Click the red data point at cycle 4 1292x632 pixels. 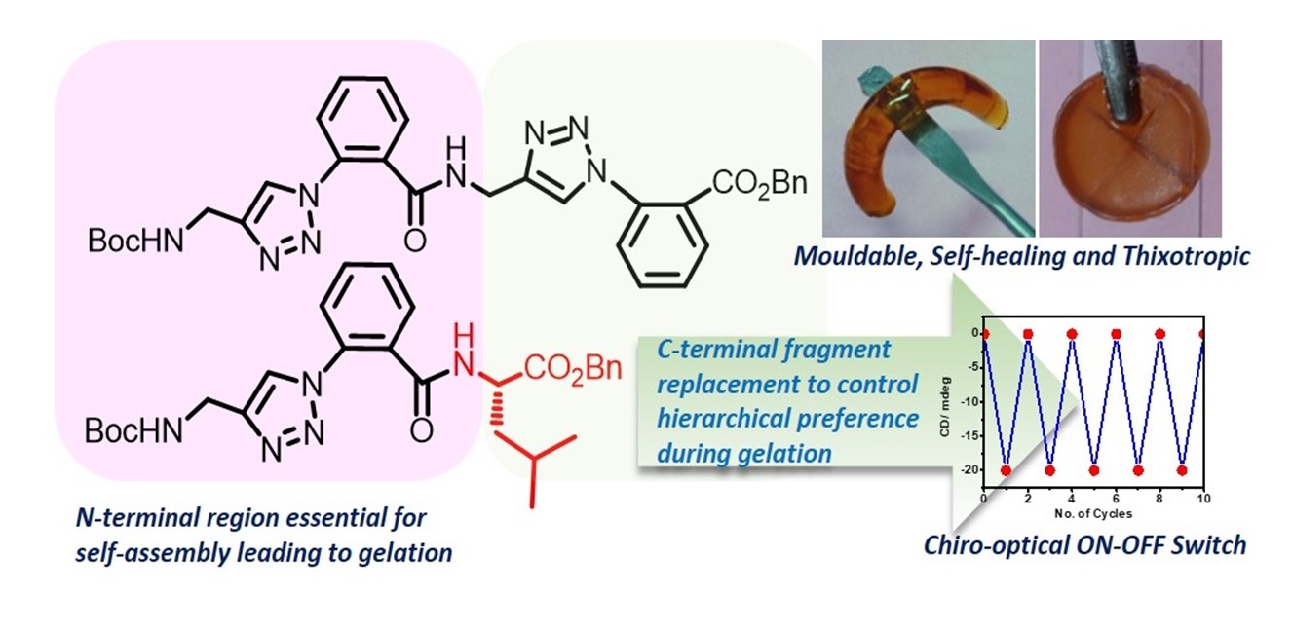click(x=1072, y=334)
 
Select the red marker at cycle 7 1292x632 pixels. click(x=1137, y=470)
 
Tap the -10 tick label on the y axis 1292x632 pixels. click(x=973, y=402)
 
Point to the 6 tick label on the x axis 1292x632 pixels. click(x=1116, y=500)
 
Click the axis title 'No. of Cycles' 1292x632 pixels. click(x=1093, y=512)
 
